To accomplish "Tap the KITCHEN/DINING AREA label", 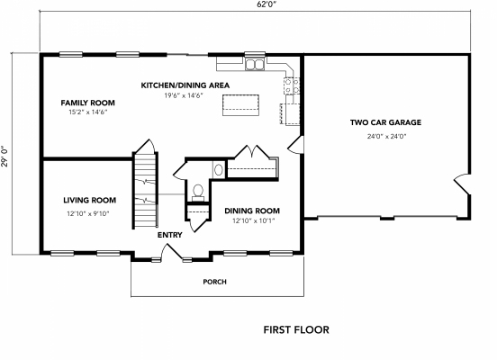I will pos(185,85).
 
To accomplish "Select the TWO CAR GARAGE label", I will pos(385,122).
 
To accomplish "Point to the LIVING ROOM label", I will pos(89,200).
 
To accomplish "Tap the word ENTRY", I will pos(169,235).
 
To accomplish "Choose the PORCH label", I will pos(214,282).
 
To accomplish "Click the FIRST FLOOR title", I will pos(296,330).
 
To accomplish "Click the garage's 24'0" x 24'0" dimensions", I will pos(385,136).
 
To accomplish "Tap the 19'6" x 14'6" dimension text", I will pos(184,95).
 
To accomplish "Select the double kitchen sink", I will pos(256,64).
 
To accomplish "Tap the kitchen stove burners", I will pos(292,86).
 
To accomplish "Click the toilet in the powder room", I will pos(197,191).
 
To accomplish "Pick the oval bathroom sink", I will pos(219,169).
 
